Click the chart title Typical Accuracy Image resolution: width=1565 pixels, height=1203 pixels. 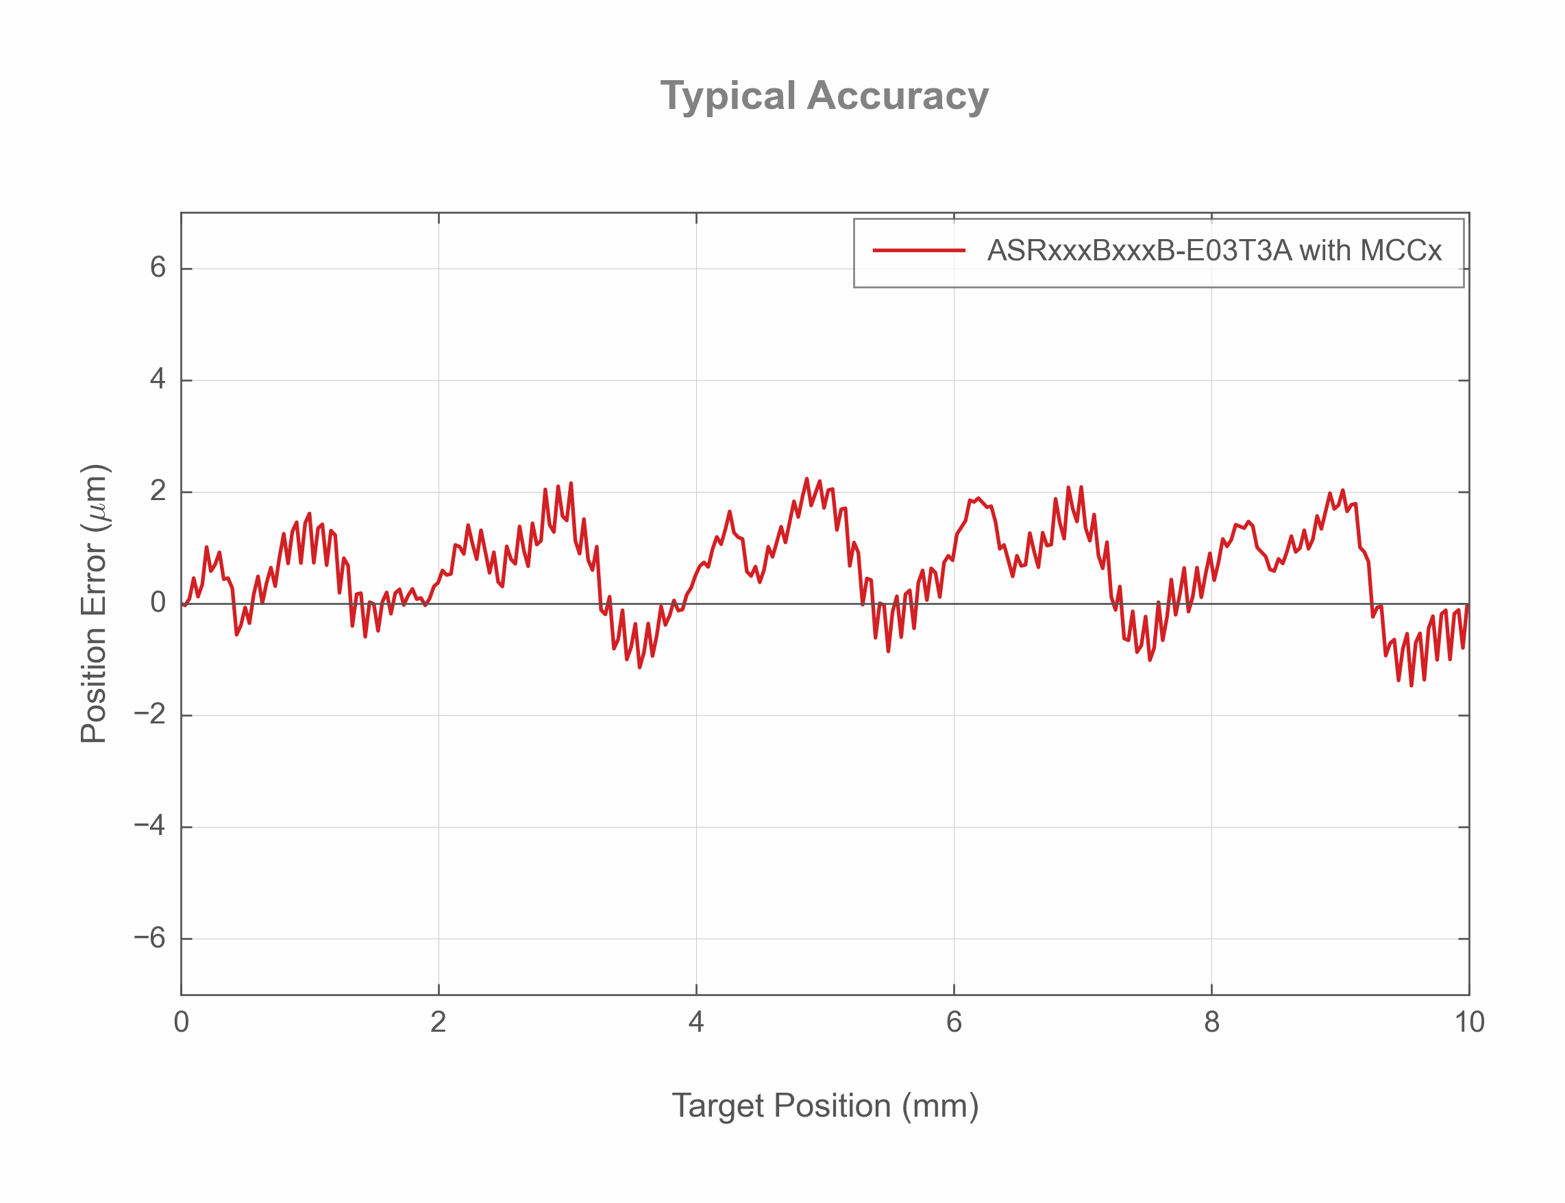coord(824,96)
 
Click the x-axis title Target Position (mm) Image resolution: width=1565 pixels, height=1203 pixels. coord(824,1106)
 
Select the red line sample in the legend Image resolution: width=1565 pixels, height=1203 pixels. coord(918,251)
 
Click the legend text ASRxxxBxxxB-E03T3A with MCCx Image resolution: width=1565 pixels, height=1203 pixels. coord(1213,251)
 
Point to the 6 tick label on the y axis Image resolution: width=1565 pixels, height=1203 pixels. coord(158,268)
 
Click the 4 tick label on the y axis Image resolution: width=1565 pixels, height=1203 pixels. coord(158,380)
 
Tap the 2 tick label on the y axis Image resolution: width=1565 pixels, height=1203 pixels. coord(158,491)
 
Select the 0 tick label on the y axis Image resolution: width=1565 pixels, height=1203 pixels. coord(158,603)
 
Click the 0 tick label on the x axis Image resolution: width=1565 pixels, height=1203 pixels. coord(181,1023)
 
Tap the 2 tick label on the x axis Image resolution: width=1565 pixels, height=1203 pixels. coord(439,1023)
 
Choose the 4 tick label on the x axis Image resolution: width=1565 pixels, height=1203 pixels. coord(695,1023)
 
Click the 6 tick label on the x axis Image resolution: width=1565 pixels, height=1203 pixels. coord(953,1023)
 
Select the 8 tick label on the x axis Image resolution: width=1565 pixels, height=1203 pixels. coord(1211,1023)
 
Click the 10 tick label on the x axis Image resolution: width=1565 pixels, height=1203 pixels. coord(1468,1023)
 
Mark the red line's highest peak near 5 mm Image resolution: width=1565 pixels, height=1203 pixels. coord(806,478)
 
